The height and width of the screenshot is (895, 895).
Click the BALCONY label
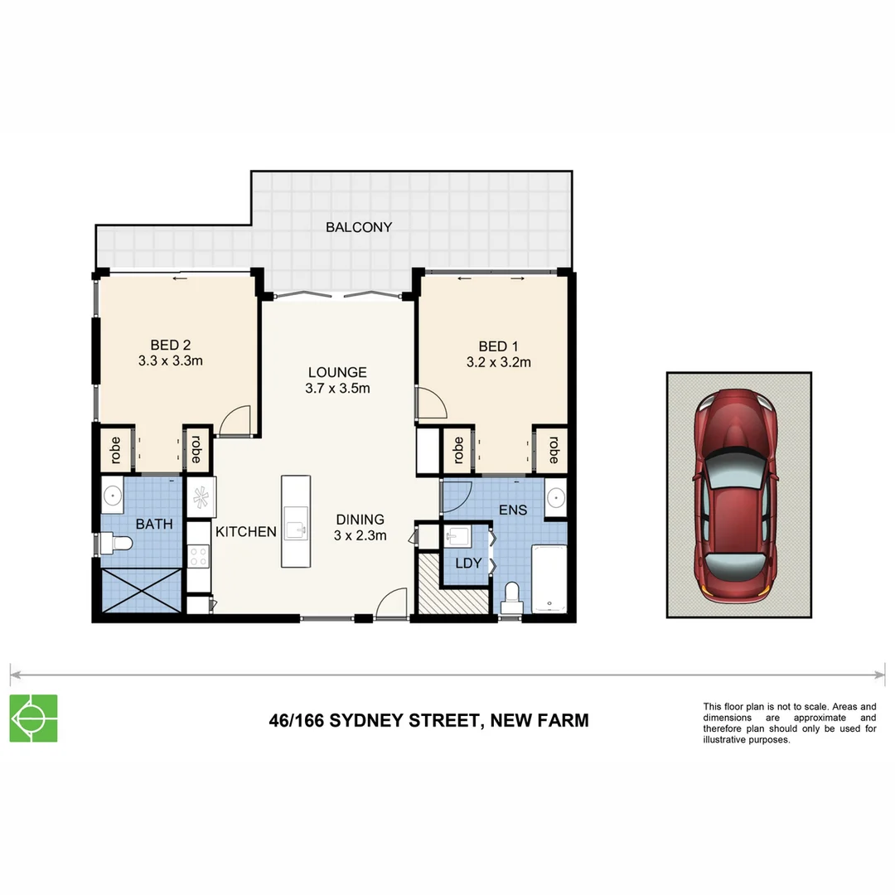coord(358,227)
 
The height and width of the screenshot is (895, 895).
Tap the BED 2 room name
coord(171,345)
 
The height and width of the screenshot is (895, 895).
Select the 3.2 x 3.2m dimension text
coord(498,361)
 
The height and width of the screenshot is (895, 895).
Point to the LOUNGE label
coord(337,372)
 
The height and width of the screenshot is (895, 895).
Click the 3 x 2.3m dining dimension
coord(360,535)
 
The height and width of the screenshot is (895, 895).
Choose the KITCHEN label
coord(246,532)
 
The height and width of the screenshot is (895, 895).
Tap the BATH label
coord(154,524)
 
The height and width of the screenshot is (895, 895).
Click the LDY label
coord(467,563)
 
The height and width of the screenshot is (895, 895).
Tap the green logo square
coord(33,718)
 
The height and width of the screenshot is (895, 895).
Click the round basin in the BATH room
coord(113,496)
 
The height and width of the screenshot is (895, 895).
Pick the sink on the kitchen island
coord(295,529)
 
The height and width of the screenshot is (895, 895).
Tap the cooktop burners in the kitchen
coord(199,555)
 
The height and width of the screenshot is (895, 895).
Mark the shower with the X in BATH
coord(141,591)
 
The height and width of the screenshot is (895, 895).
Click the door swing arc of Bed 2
coord(235,419)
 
